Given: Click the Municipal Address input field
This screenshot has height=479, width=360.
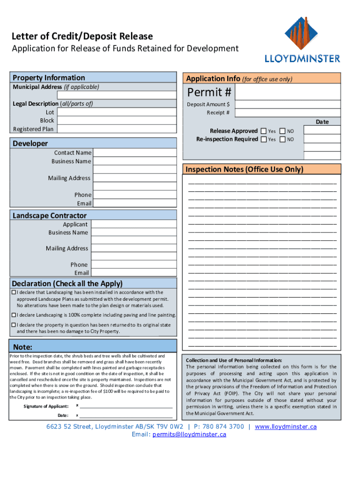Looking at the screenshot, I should click(x=117, y=95).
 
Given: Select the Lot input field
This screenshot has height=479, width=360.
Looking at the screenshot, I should click(x=117, y=112).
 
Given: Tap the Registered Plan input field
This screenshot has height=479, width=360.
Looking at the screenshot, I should click(x=117, y=129).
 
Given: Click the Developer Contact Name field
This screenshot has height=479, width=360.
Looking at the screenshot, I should click(x=135, y=153).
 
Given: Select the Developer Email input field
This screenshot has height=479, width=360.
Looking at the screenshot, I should click(x=135, y=203).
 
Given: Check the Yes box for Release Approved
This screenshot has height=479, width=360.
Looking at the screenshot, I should click(x=264, y=131).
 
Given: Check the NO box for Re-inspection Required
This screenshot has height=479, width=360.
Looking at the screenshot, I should click(x=282, y=139).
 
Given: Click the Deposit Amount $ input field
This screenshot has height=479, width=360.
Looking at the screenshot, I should click(x=288, y=104).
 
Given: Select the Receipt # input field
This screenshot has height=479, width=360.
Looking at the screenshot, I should click(x=288, y=113).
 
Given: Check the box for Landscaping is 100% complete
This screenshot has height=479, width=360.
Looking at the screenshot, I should click(x=14, y=315).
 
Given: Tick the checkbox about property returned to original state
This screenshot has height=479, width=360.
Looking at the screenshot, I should click(x=14, y=325).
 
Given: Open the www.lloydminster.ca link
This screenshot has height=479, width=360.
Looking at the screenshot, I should click(x=286, y=427).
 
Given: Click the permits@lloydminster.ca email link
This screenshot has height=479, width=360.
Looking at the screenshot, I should click(x=189, y=435).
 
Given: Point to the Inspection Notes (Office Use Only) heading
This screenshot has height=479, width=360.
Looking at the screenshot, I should click(x=245, y=169).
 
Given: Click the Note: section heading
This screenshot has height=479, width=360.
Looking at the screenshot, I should click(x=22, y=347).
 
